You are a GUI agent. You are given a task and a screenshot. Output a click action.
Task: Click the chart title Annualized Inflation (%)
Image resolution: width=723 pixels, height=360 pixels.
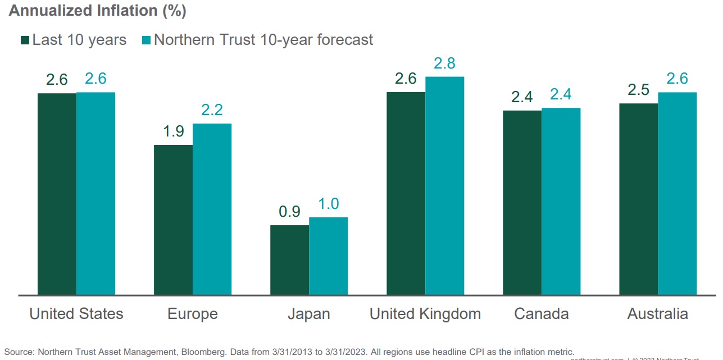coord(97,11)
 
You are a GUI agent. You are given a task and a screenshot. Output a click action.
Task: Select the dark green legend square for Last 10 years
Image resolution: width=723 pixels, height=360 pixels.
coord(25,40)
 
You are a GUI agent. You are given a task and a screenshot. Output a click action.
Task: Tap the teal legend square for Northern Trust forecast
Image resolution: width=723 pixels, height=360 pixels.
coord(147,40)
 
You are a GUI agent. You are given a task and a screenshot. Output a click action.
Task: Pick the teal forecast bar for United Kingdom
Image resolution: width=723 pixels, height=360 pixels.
coord(444,185)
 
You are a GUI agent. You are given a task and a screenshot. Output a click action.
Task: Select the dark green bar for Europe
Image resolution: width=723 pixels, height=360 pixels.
coord(173,220)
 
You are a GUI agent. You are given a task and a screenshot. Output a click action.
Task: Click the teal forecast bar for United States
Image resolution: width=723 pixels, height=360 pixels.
coord(96,193)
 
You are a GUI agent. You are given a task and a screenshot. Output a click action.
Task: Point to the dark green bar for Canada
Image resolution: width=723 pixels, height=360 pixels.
coord(522,202)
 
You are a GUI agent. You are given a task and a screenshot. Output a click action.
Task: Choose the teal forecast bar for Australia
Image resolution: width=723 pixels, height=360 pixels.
coord(677,193)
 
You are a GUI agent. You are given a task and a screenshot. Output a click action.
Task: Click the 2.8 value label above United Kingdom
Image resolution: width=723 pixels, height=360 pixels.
coord(444,63)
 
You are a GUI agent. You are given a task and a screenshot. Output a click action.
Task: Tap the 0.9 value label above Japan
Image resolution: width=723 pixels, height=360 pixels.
coord(289,212)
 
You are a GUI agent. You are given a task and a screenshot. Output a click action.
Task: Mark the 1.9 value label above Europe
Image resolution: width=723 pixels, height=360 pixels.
coord(173,131)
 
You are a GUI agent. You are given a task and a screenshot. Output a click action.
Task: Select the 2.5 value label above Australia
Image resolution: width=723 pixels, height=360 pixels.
coord(638,90)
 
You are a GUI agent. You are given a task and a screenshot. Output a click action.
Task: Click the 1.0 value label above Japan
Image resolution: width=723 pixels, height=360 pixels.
coord(328,204)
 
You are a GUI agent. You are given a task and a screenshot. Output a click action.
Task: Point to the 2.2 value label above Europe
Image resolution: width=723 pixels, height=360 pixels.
coord(212,110)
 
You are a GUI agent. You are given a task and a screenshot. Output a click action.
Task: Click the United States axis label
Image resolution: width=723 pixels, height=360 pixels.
coord(76,313)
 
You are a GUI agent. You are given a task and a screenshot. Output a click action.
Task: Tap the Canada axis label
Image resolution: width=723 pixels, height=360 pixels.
coord(541,313)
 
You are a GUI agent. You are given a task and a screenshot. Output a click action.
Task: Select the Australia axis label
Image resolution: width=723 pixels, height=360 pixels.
coord(657,313)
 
